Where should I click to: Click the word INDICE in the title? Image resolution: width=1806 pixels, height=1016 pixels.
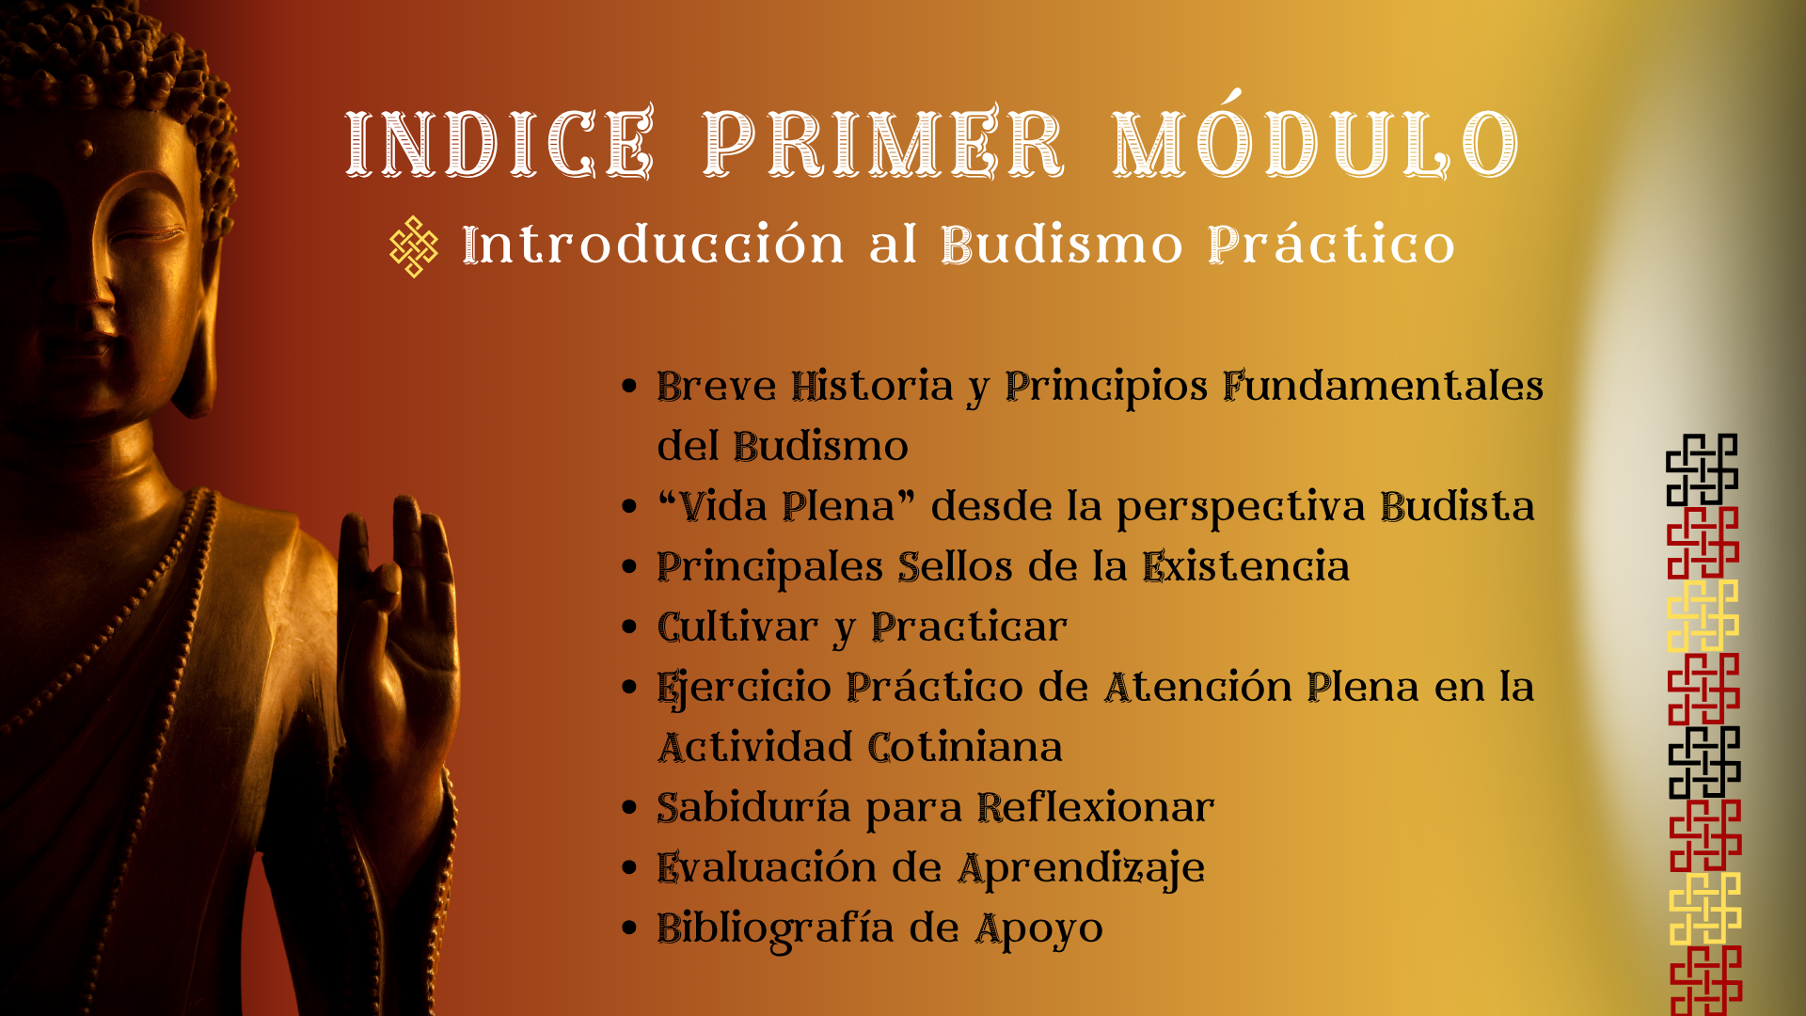[x=499, y=143]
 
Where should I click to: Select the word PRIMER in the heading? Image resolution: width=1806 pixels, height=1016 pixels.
[x=883, y=143]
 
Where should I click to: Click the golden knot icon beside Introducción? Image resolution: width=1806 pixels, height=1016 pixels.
[x=414, y=246]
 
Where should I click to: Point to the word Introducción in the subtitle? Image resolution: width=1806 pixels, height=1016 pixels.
[x=653, y=245]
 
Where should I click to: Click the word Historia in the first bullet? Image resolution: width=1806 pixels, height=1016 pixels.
[x=872, y=387]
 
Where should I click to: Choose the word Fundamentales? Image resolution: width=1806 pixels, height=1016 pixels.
[x=1383, y=387]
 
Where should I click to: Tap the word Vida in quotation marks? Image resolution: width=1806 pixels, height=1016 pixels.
[x=723, y=507]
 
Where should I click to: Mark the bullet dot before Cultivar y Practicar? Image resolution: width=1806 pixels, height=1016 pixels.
[x=630, y=627]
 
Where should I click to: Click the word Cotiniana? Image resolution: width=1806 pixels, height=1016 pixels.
[x=965, y=748]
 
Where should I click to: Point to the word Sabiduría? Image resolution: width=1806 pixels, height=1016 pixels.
[x=753, y=808]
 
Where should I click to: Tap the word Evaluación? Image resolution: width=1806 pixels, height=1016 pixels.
[x=767, y=868]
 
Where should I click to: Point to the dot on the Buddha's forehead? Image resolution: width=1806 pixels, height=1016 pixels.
[x=86, y=149]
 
